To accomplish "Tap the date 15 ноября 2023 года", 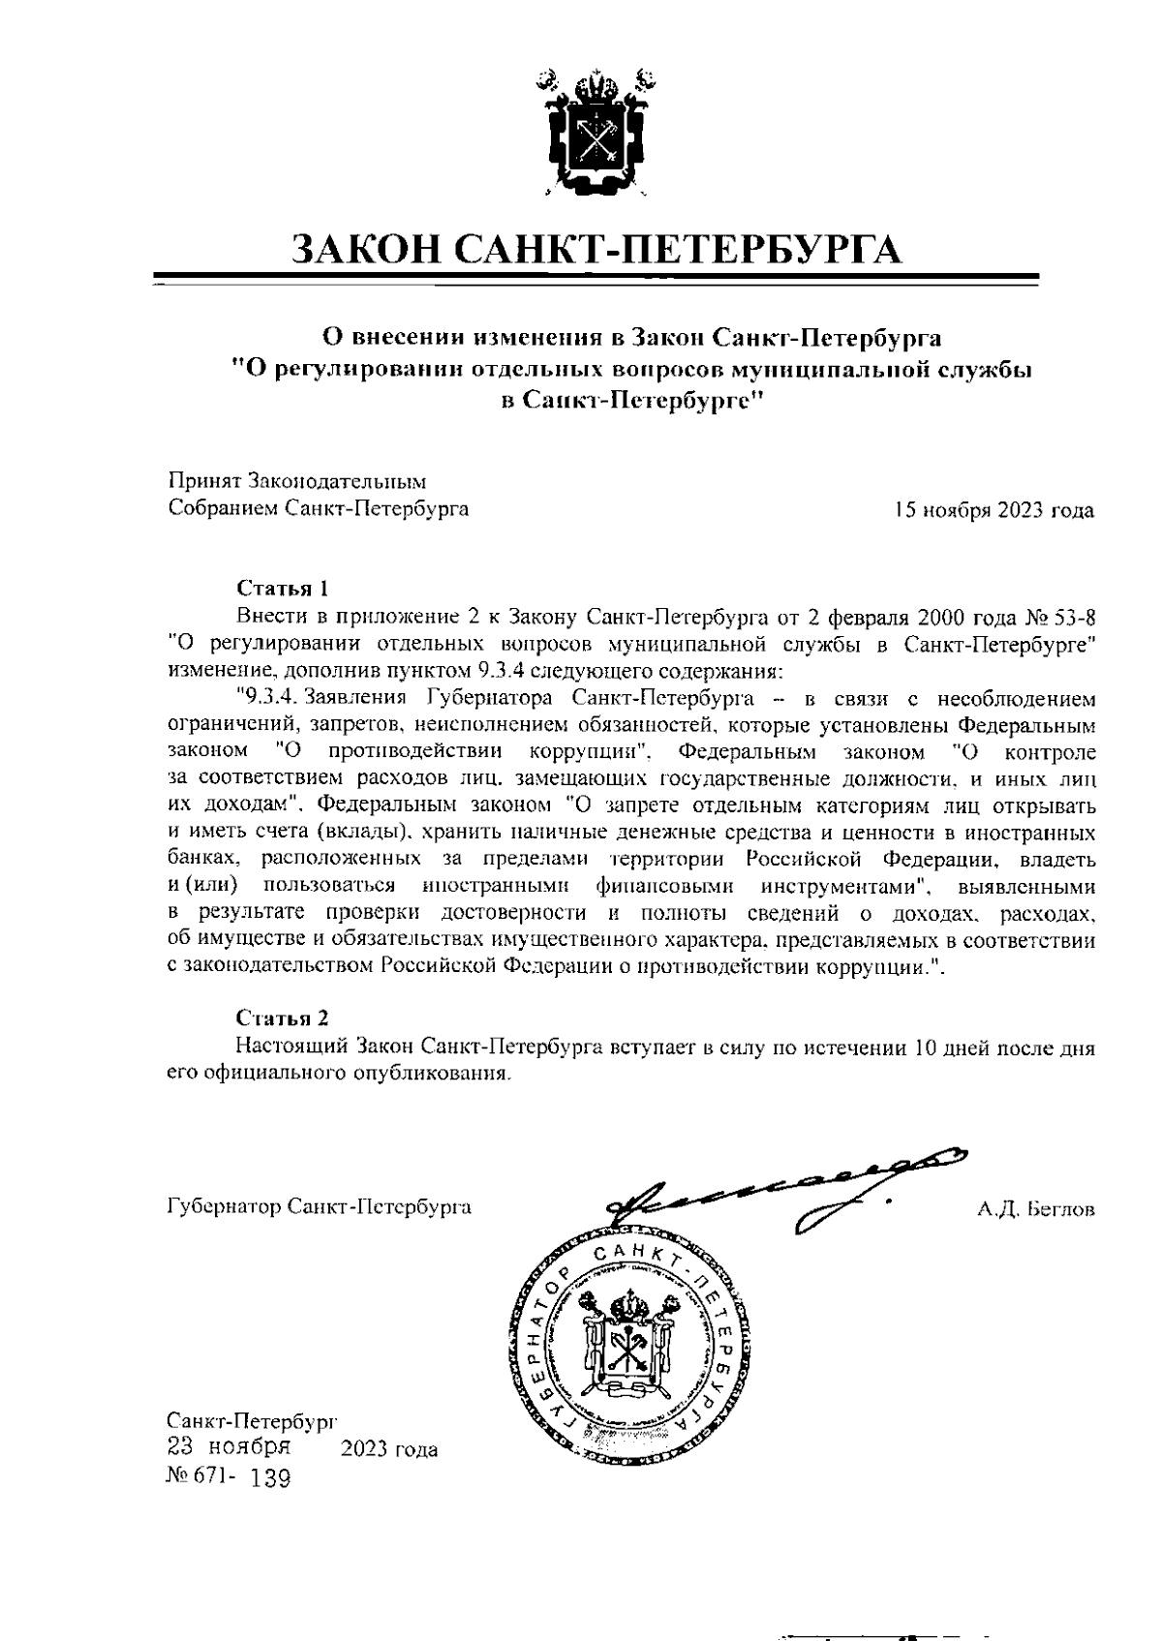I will pyautogui.click(x=994, y=510).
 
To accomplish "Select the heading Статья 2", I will pyautogui.click(x=283, y=1018).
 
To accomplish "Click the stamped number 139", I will pyautogui.click(x=269, y=1479).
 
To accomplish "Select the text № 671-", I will pyautogui.click(x=200, y=1478).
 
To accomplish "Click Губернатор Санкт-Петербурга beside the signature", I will pyautogui.click(x=320, y=1207).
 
